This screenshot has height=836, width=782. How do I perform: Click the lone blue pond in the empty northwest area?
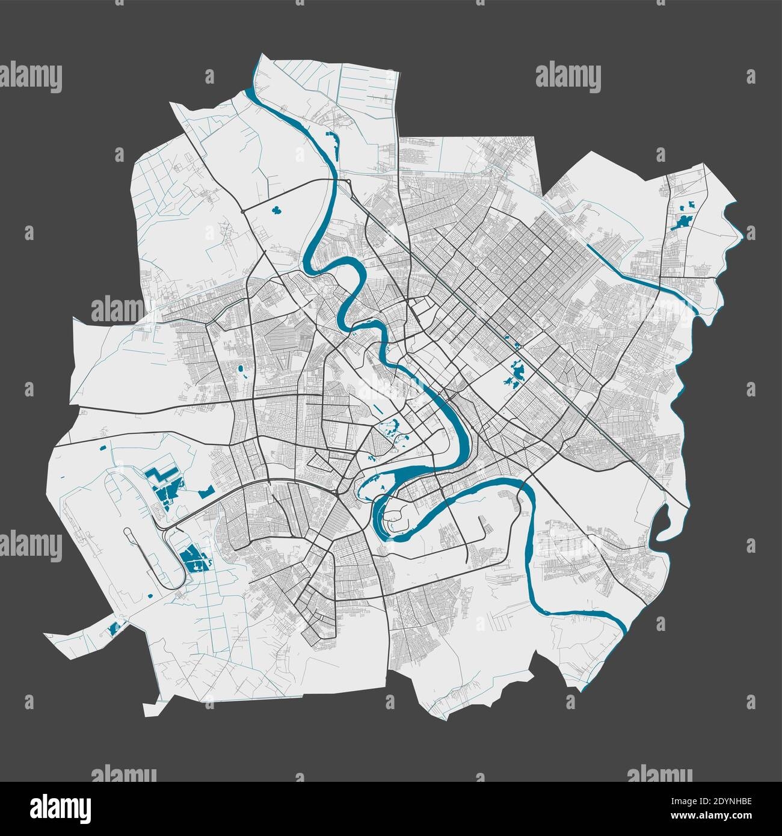coord(277,211)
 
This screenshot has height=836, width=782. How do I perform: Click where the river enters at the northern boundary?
coord(249,91)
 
